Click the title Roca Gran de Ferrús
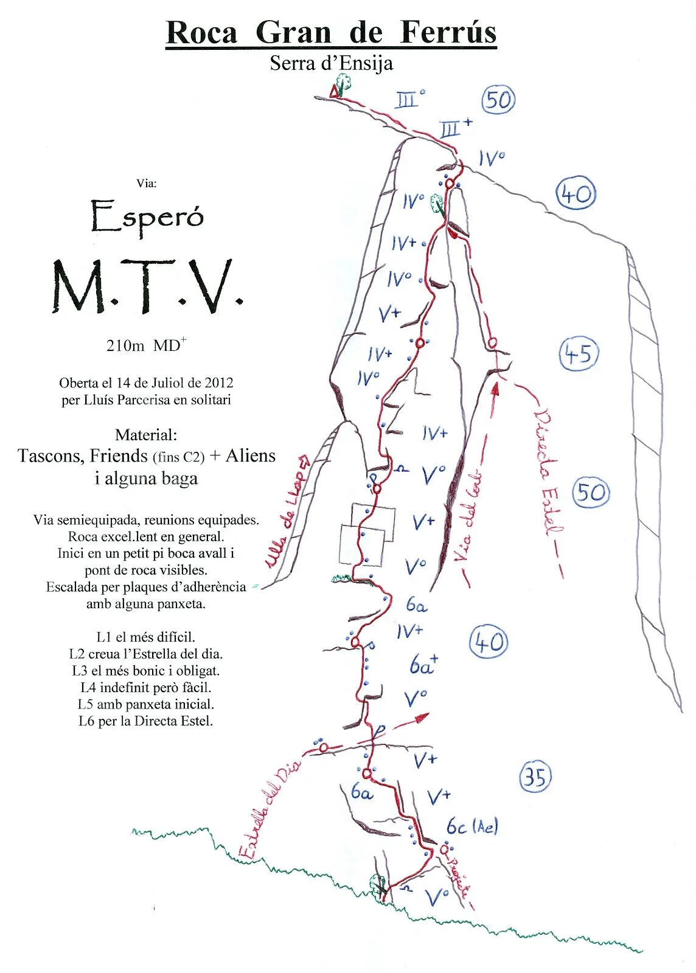tap(331, 32)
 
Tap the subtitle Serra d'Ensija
tap(331, 63)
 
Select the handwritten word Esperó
tap(147, 217)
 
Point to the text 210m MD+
tap(146, 345)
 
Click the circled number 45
tap(579, 353)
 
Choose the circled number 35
tap(535, 777)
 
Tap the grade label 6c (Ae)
tap(472, 826)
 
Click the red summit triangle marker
tap(333, 92)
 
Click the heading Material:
tap(146, 435)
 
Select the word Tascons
tap(51, 455)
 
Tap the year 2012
tap(219, 383)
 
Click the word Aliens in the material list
tap(250, 455)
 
